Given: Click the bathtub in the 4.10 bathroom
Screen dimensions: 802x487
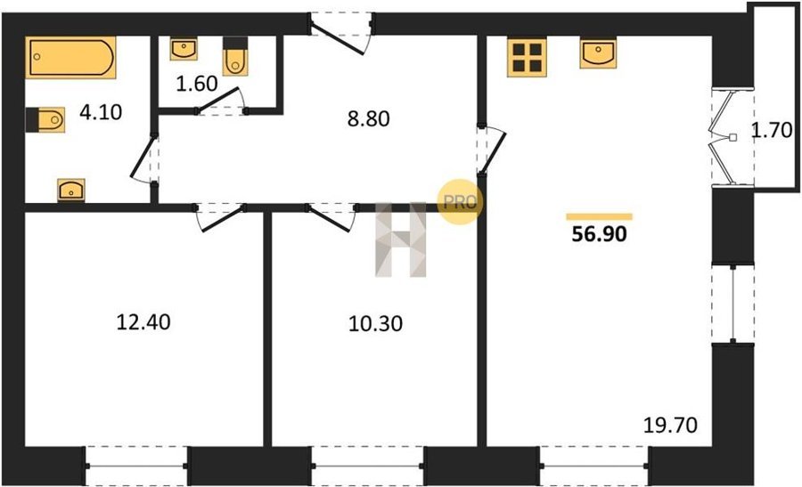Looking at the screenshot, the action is coord(70,57).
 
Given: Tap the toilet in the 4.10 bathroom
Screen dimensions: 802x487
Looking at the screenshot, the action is coord(45,120).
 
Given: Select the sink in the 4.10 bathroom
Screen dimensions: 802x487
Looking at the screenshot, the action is coord(71,190).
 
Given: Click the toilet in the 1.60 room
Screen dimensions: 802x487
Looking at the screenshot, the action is coord(235,56).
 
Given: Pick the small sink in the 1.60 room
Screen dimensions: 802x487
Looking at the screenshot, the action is coord(184,49).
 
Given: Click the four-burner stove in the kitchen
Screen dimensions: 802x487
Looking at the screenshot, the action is coord(527,57).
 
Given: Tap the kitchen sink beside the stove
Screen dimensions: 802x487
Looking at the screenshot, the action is coord(598,53).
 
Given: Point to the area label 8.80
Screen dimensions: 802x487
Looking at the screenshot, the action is coord(368,118).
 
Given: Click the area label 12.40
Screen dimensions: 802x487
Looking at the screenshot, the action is coord(143,322).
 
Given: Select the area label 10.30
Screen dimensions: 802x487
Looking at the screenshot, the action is coord(375,323).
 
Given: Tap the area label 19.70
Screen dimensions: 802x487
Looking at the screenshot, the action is coord(670,425).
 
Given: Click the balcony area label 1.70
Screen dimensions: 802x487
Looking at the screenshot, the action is coord(772,131).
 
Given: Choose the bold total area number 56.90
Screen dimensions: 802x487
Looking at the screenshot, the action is coord(599,234).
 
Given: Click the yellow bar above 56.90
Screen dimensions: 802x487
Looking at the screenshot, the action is coord(599,216).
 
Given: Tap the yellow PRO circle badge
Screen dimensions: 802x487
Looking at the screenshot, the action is coord(460,202).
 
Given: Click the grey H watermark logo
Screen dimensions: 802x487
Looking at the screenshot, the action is coord(401,239).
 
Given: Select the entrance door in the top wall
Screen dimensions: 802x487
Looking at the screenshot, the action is coord(341,33).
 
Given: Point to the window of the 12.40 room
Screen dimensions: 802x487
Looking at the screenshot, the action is coord(137,466).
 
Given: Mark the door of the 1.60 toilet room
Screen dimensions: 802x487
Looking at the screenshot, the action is coord(220,100).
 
